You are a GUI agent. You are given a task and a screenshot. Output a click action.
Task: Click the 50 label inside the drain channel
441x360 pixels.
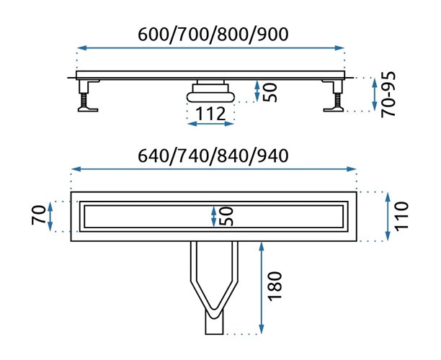pos(226,215)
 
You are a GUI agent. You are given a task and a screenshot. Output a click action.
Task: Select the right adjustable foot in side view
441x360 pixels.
pos(334,98)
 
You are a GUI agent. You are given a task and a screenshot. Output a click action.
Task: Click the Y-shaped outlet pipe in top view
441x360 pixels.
pos(214,284)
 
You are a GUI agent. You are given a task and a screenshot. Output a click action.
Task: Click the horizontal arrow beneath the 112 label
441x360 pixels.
pos(210,124)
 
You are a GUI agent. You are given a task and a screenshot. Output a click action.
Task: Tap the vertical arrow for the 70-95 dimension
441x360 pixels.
pos(375,95)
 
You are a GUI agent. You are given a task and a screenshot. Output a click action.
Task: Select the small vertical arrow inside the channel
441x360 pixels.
pos(213,215)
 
